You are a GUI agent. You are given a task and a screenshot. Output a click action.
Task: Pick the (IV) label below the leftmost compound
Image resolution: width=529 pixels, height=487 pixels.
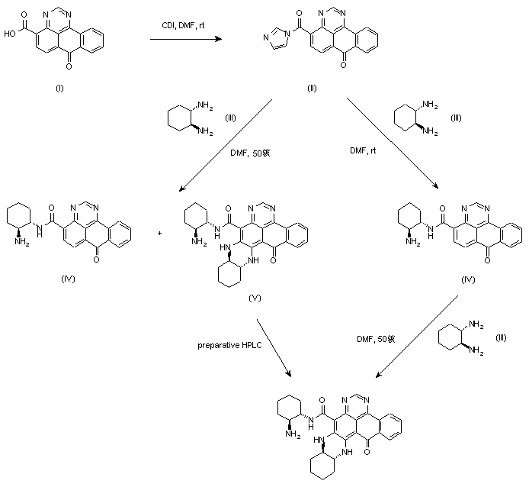click(x=68, y=280)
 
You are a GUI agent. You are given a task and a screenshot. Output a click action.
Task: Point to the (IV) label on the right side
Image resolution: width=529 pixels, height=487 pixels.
click(x=467, y=280)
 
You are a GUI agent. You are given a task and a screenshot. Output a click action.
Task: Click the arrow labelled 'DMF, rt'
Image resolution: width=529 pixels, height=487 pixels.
click(x=390, y=145)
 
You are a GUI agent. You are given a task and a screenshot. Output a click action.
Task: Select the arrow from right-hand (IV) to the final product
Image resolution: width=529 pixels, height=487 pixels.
click(x=412, y=337)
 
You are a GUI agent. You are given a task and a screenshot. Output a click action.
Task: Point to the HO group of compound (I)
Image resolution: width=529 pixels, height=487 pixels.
click(x=8, y=33)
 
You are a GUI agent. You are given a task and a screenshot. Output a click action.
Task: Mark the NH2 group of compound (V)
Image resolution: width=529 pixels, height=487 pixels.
click(x=197, y=243)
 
